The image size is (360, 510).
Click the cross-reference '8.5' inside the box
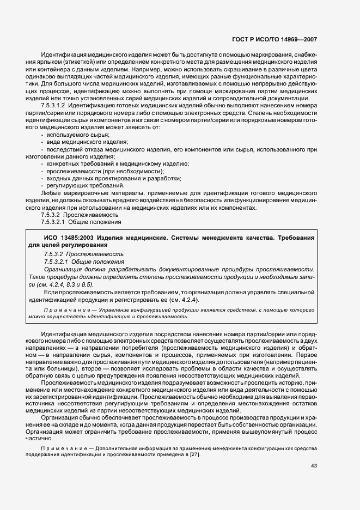pyautogui.click(x=87, y=284)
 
